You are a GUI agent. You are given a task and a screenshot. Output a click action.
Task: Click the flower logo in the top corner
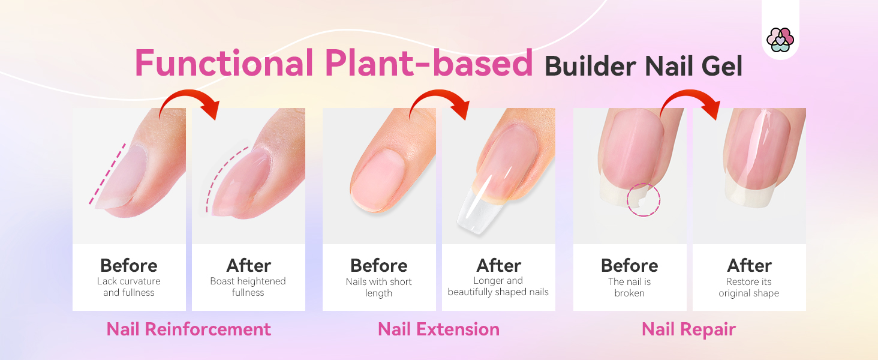tap(780, 40)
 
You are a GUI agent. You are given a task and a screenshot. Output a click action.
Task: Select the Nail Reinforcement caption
tap(188, 329)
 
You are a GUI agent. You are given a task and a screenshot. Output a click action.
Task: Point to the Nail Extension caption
tap(438, 329)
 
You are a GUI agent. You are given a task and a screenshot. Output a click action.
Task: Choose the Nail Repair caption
tap(688, 329)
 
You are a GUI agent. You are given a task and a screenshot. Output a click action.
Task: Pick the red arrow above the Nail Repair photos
tap(690, 100)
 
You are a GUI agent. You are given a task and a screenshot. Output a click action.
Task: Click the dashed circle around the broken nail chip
tap(643, 200)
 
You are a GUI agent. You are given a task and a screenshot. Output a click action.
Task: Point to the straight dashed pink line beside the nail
tap(107, 173)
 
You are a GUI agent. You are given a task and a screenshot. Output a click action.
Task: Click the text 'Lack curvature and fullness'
tap(128, 287)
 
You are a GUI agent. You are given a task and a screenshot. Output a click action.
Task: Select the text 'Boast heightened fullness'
tap(248, 287)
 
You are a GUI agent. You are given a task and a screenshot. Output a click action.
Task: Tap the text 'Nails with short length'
tap(378, 287)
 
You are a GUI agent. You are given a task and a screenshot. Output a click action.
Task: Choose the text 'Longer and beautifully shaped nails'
tap(498, 286)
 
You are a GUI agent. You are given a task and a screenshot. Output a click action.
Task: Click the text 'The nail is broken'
tap(629, 287)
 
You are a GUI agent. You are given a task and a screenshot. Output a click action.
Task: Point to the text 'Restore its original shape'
tap(748, 287)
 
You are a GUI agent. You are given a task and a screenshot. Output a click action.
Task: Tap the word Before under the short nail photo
tap(378, 265)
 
